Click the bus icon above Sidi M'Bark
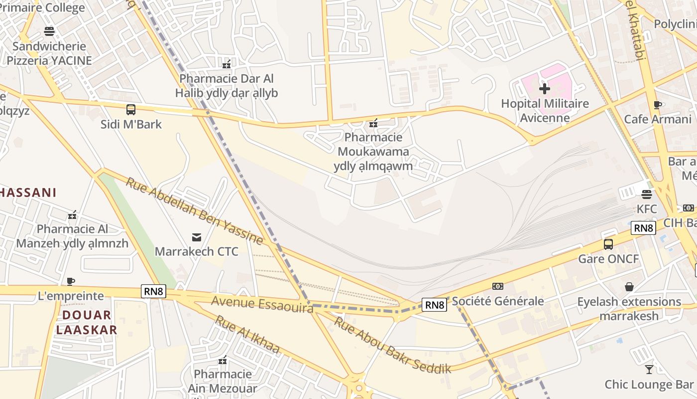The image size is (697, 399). coord(131,109)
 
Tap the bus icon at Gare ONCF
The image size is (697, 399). coord(608,244)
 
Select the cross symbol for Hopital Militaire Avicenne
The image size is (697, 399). coord(545,89)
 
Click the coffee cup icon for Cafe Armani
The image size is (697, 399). coord(658,105)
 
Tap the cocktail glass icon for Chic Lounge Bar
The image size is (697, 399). coord(649,370)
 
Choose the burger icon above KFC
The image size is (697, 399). coord(647,194)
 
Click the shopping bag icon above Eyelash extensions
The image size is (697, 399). coord(629,287)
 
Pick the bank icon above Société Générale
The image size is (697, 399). coord(497,286)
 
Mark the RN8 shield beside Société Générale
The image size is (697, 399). coord(434,305)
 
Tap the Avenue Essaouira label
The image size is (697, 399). coord(262,304)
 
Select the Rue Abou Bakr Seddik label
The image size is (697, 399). coord(392,345)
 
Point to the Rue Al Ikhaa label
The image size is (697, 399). coord(247,334)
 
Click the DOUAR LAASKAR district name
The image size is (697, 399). coord(87,322)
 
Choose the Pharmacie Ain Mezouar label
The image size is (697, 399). coord(223,381)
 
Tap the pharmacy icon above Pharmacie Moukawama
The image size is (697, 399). coord(373,123)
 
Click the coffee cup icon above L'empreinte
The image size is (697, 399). coord(71,281)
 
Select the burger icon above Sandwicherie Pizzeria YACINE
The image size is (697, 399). coord(49,31)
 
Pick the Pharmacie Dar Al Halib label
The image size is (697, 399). coord(227,86)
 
